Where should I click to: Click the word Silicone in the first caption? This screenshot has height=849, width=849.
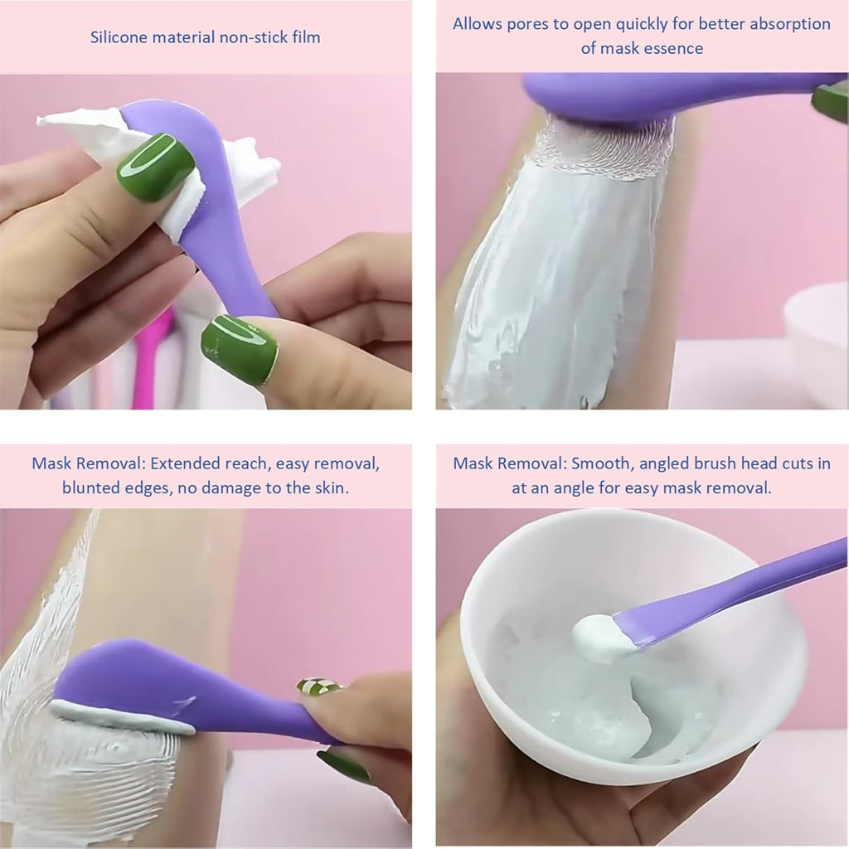coord(120,36)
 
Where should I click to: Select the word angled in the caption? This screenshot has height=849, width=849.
coord(669,463)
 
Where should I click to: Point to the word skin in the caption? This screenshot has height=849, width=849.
coord(329,488)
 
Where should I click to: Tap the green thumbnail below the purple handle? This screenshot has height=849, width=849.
coord(240,348)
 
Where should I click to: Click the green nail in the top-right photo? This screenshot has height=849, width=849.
coord(830,101)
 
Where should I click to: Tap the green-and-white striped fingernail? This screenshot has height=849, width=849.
coord(319,686)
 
